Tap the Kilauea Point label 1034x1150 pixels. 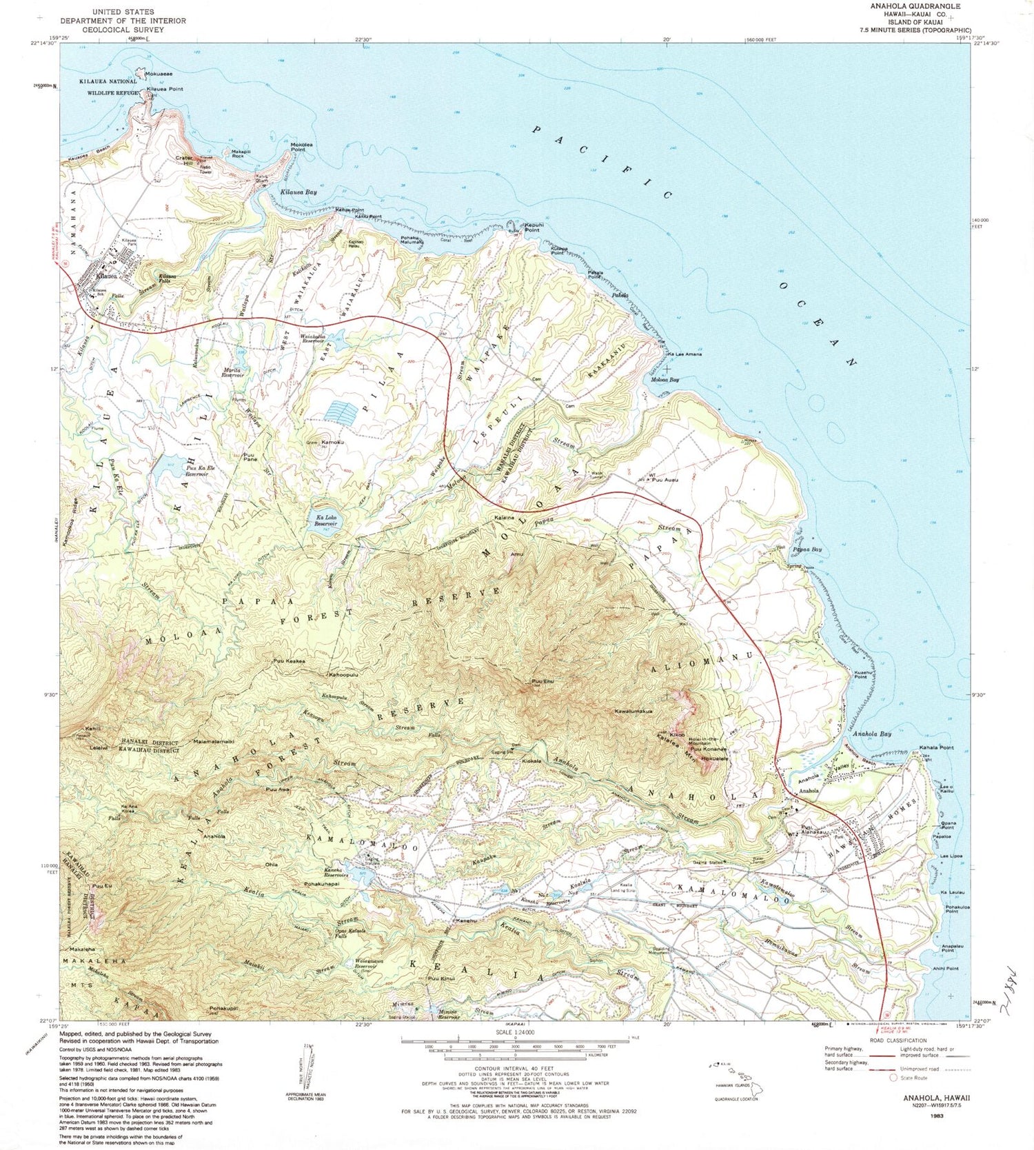click(x=164, y=90)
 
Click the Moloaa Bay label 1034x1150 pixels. click(x=665, y=380)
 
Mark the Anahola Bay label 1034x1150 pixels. click(x=871, y=734)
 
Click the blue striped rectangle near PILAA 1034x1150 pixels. click(x=341, y=412)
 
